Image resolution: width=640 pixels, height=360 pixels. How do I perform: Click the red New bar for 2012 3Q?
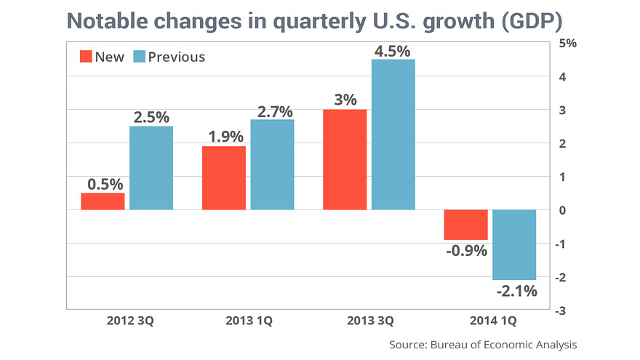click(103, 201)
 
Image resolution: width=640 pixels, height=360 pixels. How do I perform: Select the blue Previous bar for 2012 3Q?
click(151, 168)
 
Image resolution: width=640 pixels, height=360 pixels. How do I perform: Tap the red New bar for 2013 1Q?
click(223, 178)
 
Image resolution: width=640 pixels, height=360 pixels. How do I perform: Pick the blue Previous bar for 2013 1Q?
click(272, 164)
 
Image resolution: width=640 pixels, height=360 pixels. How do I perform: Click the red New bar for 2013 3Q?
click(345, 159)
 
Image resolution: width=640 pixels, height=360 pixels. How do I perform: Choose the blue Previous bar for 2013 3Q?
click(393, 135)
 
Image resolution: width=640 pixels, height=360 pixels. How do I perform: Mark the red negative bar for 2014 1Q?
click(465, 225)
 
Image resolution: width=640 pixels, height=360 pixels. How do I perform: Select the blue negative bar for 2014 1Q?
click(514, 244)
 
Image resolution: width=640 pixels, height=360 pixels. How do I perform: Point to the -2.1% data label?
click(516, 292)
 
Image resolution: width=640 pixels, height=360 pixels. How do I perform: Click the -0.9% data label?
click(468, 251)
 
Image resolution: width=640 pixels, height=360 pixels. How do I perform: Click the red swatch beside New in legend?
click(85, 57)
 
